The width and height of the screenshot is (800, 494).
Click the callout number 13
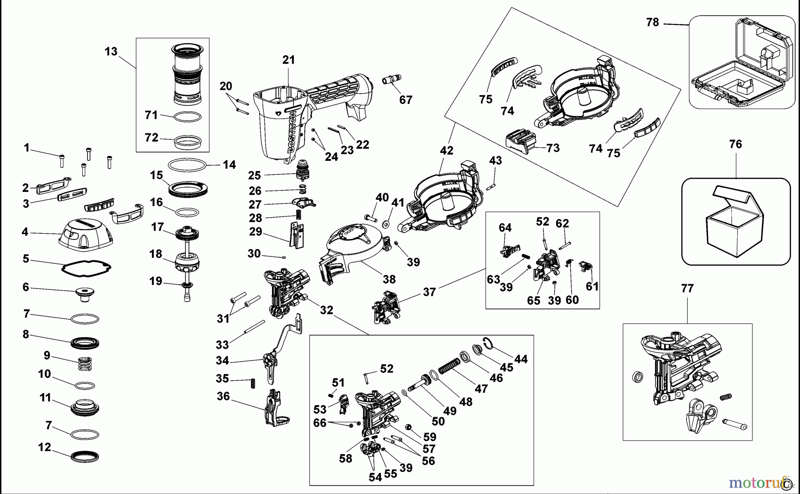[111, 52]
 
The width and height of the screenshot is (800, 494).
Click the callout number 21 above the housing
[288, 60]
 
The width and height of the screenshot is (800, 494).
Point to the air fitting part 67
[392, 80]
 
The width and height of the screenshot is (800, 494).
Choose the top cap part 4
[86, 234]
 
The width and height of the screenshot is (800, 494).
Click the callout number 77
[687, 289]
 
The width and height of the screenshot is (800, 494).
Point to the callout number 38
[389, 279]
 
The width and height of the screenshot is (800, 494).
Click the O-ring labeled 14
[188, 165]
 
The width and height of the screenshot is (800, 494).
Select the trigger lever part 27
[304, 203]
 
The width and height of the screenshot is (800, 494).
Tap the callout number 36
[223, 396]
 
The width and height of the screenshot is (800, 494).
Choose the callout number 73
[553, 148]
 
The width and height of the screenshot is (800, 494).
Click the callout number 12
[44, 447]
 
